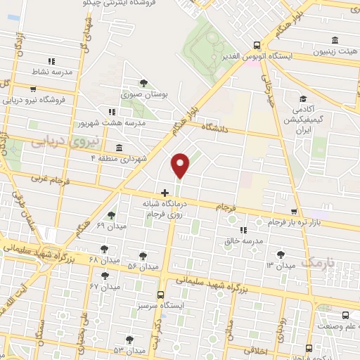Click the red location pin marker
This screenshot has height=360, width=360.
(181, 165)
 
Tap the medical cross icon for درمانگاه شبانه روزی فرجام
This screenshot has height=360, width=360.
(165, 192)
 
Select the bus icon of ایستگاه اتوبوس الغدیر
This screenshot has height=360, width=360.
(258, 43)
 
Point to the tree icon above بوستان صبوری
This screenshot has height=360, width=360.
(144, 83)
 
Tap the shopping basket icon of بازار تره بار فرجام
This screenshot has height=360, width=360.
(294, 212)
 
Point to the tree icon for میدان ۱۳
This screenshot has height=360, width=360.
(282, 254)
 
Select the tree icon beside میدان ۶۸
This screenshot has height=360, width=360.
(104, 248)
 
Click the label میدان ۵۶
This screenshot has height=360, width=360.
(141, 265)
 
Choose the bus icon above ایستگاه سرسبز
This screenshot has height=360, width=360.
(161, 295)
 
